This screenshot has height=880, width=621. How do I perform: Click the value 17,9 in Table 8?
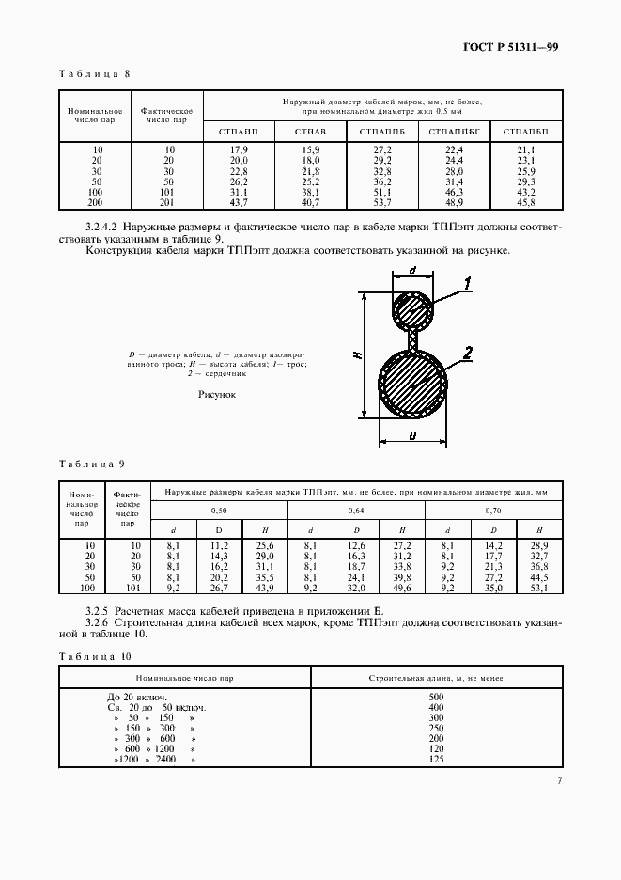(239, 150)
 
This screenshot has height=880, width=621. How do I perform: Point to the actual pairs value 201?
(167, 203)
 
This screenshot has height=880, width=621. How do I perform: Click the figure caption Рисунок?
(217, 395)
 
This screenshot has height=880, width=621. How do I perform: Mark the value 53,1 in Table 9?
(539, 589)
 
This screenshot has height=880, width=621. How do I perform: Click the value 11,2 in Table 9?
(220, 545)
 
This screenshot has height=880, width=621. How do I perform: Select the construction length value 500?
(435, 697)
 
